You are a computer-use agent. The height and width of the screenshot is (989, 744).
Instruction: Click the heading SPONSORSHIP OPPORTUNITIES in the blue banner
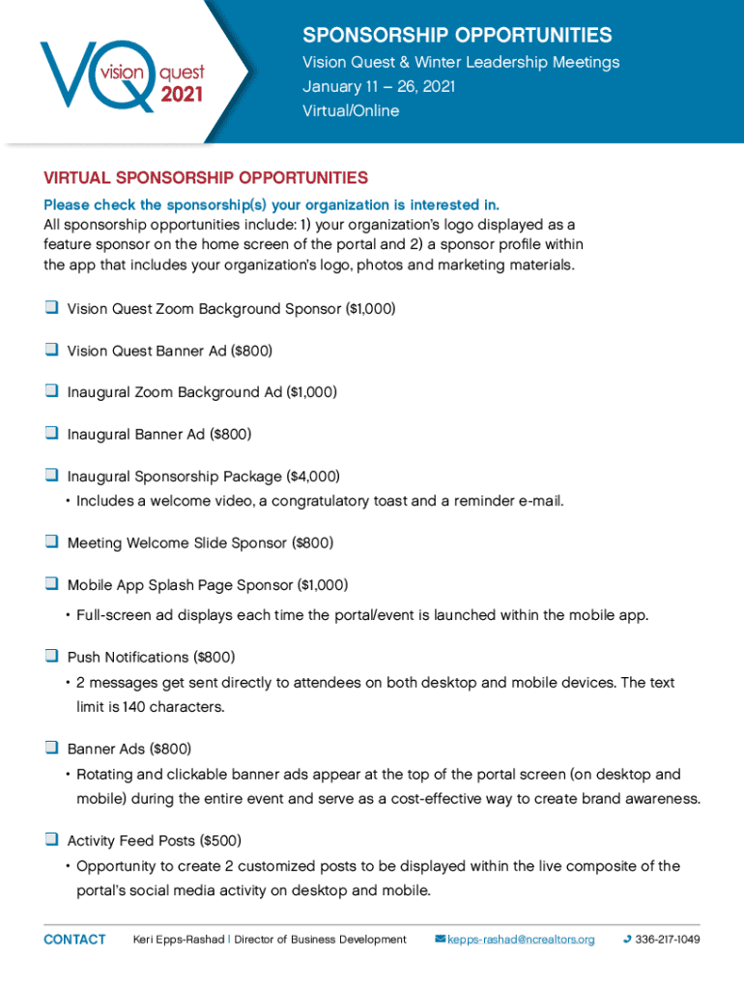[457, 36]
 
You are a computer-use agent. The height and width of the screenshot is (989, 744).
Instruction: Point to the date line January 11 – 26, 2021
[379, 87]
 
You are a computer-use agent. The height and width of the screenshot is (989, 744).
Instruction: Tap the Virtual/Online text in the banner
[351, 111]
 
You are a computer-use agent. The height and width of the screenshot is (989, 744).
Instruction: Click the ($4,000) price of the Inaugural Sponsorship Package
[314, 476]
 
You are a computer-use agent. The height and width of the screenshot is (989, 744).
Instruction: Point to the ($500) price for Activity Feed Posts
[219, 840]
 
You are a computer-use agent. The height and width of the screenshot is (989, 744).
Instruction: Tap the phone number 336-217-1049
[667, 940]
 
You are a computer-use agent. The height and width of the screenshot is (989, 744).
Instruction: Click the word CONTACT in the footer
[74, 940]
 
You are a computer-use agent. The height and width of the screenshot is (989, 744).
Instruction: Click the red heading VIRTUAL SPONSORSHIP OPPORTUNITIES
[206, 178]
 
